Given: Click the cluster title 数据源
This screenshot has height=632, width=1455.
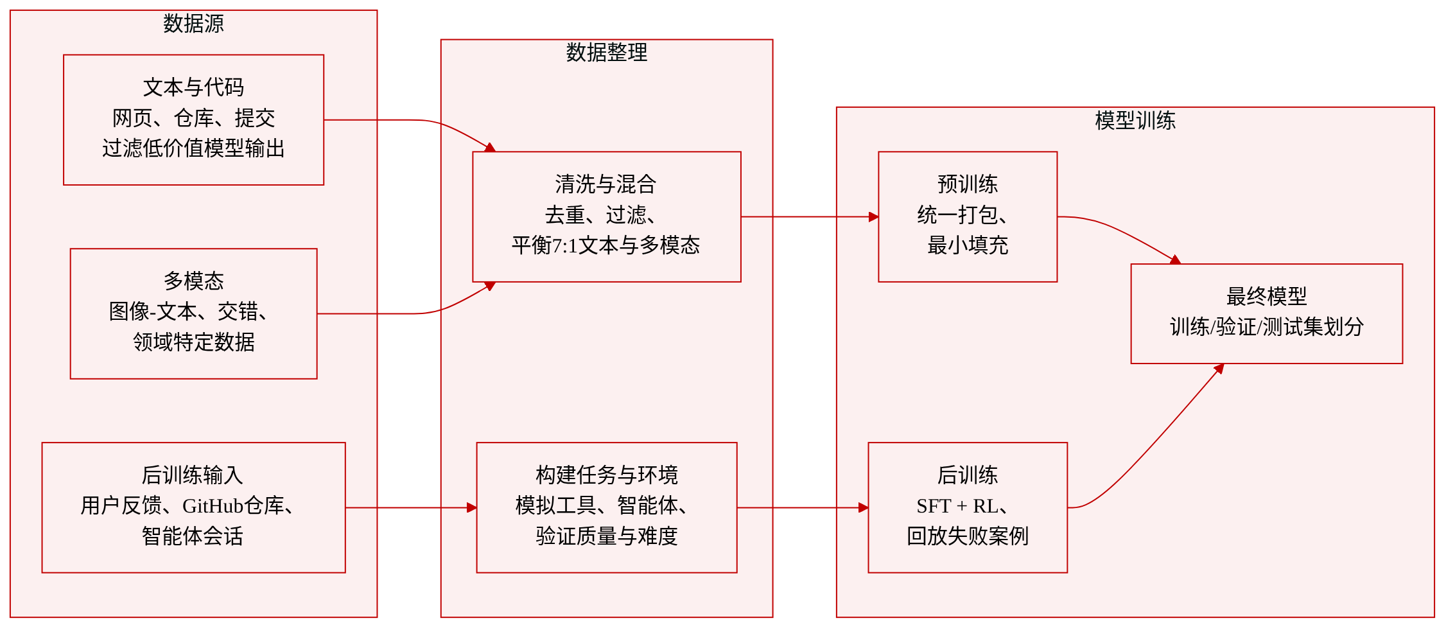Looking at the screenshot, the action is [193, 24].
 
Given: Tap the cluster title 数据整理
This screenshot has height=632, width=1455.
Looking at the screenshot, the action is [607, 53].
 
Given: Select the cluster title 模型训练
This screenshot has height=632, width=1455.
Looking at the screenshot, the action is [1135, 121].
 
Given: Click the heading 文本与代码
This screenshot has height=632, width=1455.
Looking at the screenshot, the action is [193, 87].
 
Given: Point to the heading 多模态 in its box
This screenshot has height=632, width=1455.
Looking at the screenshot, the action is [193, 281].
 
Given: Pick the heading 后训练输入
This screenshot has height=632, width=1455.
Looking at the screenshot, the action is [193, 475].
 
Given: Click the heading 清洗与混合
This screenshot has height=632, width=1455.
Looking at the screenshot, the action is [606, 184].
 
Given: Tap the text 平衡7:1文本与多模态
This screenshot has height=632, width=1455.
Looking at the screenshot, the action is [606, 245].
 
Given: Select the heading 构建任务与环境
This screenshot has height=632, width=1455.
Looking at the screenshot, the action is [607, 475].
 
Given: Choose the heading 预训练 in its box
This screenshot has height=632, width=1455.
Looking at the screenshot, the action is [968, 184].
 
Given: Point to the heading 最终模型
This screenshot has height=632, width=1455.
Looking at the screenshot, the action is [1267, 297].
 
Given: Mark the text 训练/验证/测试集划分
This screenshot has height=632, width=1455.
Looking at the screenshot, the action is [1267, 327].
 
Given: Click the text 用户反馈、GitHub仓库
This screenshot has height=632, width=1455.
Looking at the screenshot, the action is [182, 506].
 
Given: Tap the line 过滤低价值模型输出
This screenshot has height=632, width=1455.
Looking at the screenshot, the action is [193, 148].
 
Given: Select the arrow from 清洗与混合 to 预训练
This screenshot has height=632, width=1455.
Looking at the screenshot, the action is [810, 217].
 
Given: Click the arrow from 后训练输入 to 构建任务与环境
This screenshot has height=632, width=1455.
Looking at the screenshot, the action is [411, 508].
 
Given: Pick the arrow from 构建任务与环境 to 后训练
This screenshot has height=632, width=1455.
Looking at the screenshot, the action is [803, 508].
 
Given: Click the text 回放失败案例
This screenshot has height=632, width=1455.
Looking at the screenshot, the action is [968, 536].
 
